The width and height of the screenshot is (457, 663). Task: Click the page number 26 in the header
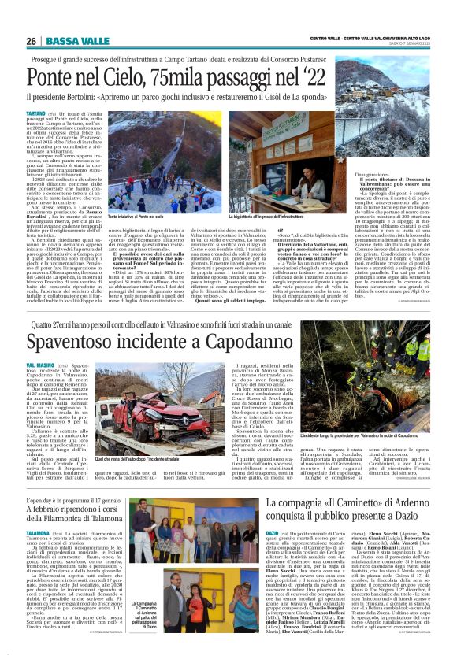coord(31,41)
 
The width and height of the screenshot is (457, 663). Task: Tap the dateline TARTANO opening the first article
coord(36,113)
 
